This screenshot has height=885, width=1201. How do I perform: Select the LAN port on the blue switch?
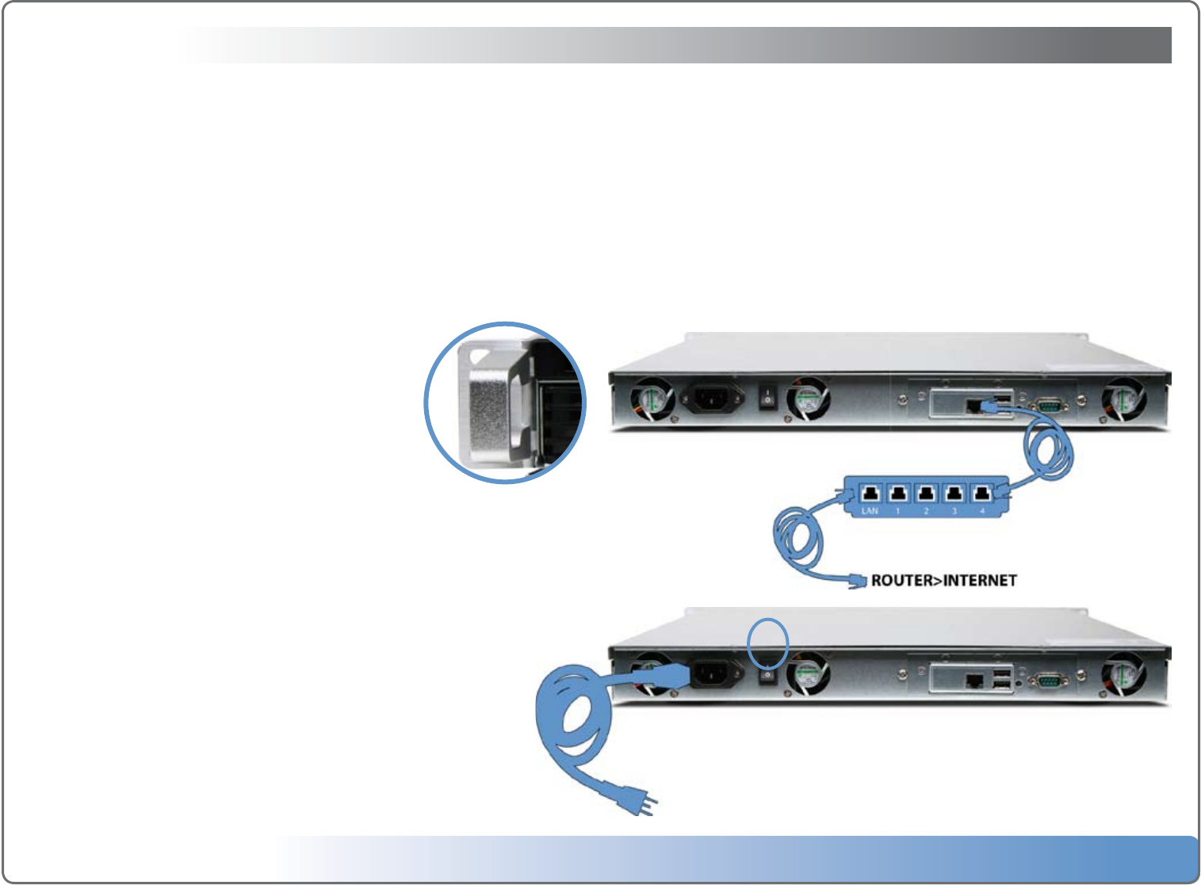870,494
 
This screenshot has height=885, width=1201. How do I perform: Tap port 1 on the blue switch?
898,494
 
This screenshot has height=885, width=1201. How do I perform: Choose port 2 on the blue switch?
926,494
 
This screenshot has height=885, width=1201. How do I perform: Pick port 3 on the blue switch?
954,494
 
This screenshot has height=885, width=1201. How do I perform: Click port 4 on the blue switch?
982,494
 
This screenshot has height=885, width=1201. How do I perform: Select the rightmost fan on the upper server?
1123,400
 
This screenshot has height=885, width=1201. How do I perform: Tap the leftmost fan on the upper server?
652,400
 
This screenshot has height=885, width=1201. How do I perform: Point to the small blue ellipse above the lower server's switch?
768,643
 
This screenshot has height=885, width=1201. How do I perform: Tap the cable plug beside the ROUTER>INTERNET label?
857,581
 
